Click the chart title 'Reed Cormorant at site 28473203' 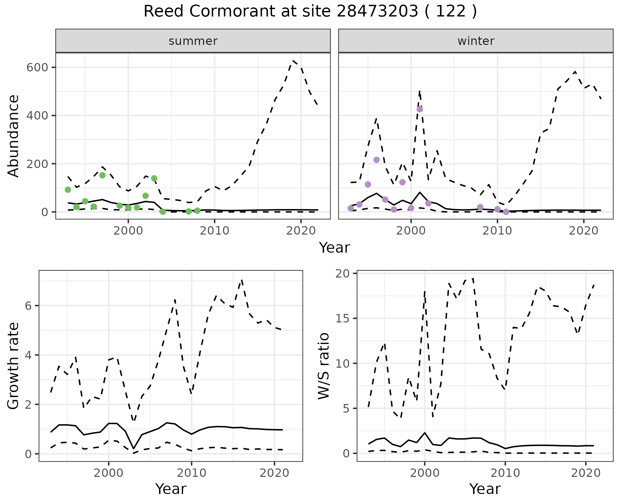tap(310, 12)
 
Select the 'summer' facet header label tap(193, 41)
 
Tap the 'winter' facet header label tap(475, 41)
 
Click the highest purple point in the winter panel tap(419, 109)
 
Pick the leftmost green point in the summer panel tap(68, 190)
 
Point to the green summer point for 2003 tap(154, 178)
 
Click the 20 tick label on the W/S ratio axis tap(345, 274)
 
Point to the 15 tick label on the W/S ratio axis tap(345, 319)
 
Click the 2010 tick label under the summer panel tap(214, 231)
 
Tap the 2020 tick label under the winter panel tap(583, 231)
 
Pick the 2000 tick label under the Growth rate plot tap(109, 473)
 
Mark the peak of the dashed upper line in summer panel tap(293, 60)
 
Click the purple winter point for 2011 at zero tap(506, 212)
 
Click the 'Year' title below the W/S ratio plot tap(485, 489)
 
